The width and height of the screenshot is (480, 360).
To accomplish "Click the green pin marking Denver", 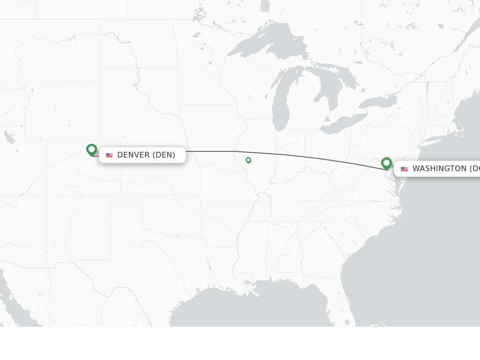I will point(92,150).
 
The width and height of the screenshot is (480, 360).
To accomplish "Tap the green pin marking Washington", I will point(387,163).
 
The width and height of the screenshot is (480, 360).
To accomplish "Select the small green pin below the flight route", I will point(248,160).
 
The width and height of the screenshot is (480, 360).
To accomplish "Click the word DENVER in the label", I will point(133,155).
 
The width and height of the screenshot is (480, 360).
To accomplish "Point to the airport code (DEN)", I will point(164,155).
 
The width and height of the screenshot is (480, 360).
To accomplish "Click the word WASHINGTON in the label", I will point(439,169).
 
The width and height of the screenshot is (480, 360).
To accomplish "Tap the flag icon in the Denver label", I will point(109,155).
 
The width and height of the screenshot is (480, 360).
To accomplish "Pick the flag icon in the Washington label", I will point(404,169).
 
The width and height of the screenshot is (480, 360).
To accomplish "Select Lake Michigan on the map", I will point(281,105).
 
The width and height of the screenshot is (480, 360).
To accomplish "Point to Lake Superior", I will point(262,45).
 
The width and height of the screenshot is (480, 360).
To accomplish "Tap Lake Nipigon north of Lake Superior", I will point(265,6).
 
